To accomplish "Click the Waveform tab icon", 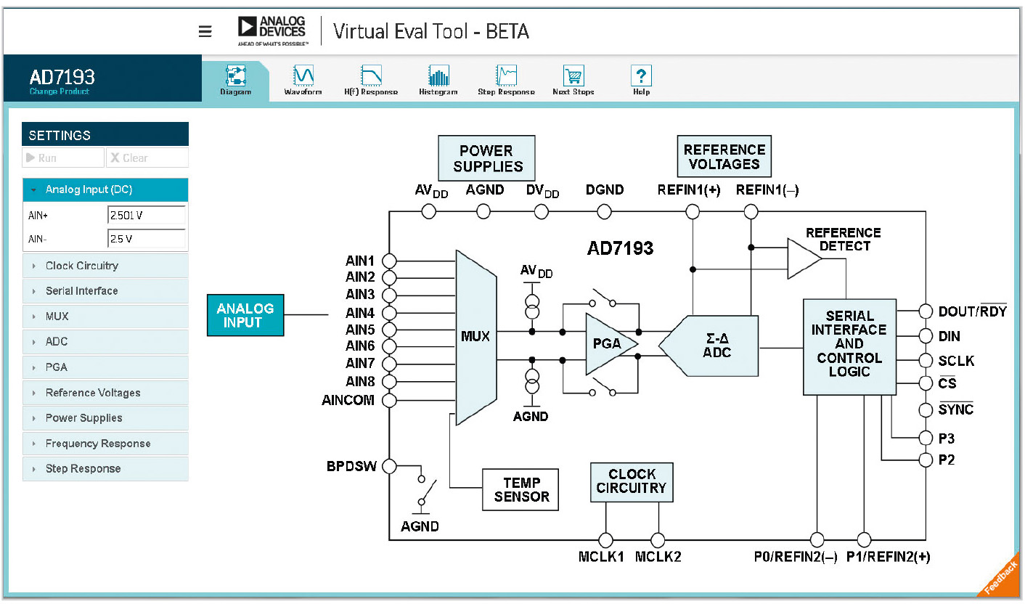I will click(303, 75).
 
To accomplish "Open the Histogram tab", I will click(438, 75).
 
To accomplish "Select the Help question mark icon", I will click(641, 75).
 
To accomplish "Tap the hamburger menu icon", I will click(205, 31).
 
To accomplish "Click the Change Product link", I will click(60, 92).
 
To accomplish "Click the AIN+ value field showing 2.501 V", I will click(146, 216).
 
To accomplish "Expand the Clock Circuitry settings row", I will click(105, 266).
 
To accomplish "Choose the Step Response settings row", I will click(105, 469).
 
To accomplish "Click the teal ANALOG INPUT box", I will click(245, 315).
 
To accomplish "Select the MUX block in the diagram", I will click(475, 337).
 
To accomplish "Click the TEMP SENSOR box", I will click(521, 490).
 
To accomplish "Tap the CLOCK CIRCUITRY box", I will click(631, 481).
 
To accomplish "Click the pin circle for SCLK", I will click(925, 361).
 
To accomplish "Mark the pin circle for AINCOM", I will click(389, 400).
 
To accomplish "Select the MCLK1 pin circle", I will click(605, 540).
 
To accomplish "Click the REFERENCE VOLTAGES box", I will click(724, 157).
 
